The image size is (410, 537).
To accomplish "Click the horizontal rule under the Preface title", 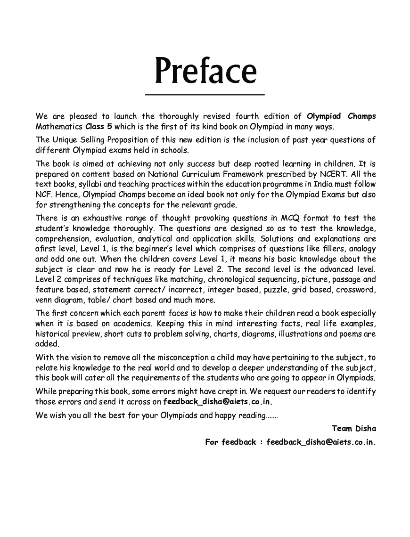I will pyautogui.click(x=205, y=95).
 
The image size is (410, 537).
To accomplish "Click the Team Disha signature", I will pyautogui.click(x=353, y=428).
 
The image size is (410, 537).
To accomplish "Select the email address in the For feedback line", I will pyautogui.click(x=321, y=442).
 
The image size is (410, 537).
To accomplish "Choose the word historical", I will pyautogui.click(x=53, y=334).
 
